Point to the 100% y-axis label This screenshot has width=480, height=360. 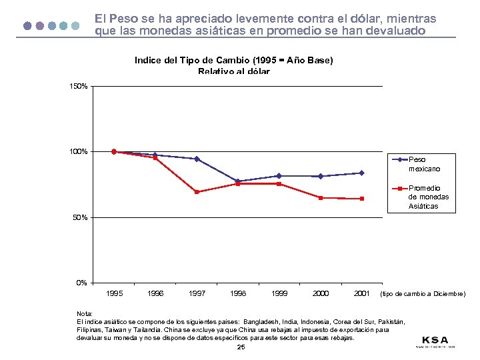click(x=79, y=152)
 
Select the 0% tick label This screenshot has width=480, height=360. click(x=81, y=283)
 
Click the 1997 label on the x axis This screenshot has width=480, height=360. click(x=197, y=293)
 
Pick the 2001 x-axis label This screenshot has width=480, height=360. click(x=361, y=293)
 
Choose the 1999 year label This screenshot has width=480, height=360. click(x=279, y=293)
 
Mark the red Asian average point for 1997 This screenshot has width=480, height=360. click(x=197, y=192)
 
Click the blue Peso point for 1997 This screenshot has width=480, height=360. click(x=197, y=159)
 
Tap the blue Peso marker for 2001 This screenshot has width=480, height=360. click(x=361, y=173)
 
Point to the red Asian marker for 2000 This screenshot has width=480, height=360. click(x=320, y=198)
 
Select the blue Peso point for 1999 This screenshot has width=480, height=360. click(x=279, y=176)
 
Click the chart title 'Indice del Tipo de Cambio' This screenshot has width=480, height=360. click(x=233, y=60)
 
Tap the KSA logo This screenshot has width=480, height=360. click(x=435, y=340)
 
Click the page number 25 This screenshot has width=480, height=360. click(x=241, y=347)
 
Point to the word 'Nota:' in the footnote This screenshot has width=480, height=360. click(x=85, y=313)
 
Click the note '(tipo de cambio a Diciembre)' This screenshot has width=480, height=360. click(x=422, y=294)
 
